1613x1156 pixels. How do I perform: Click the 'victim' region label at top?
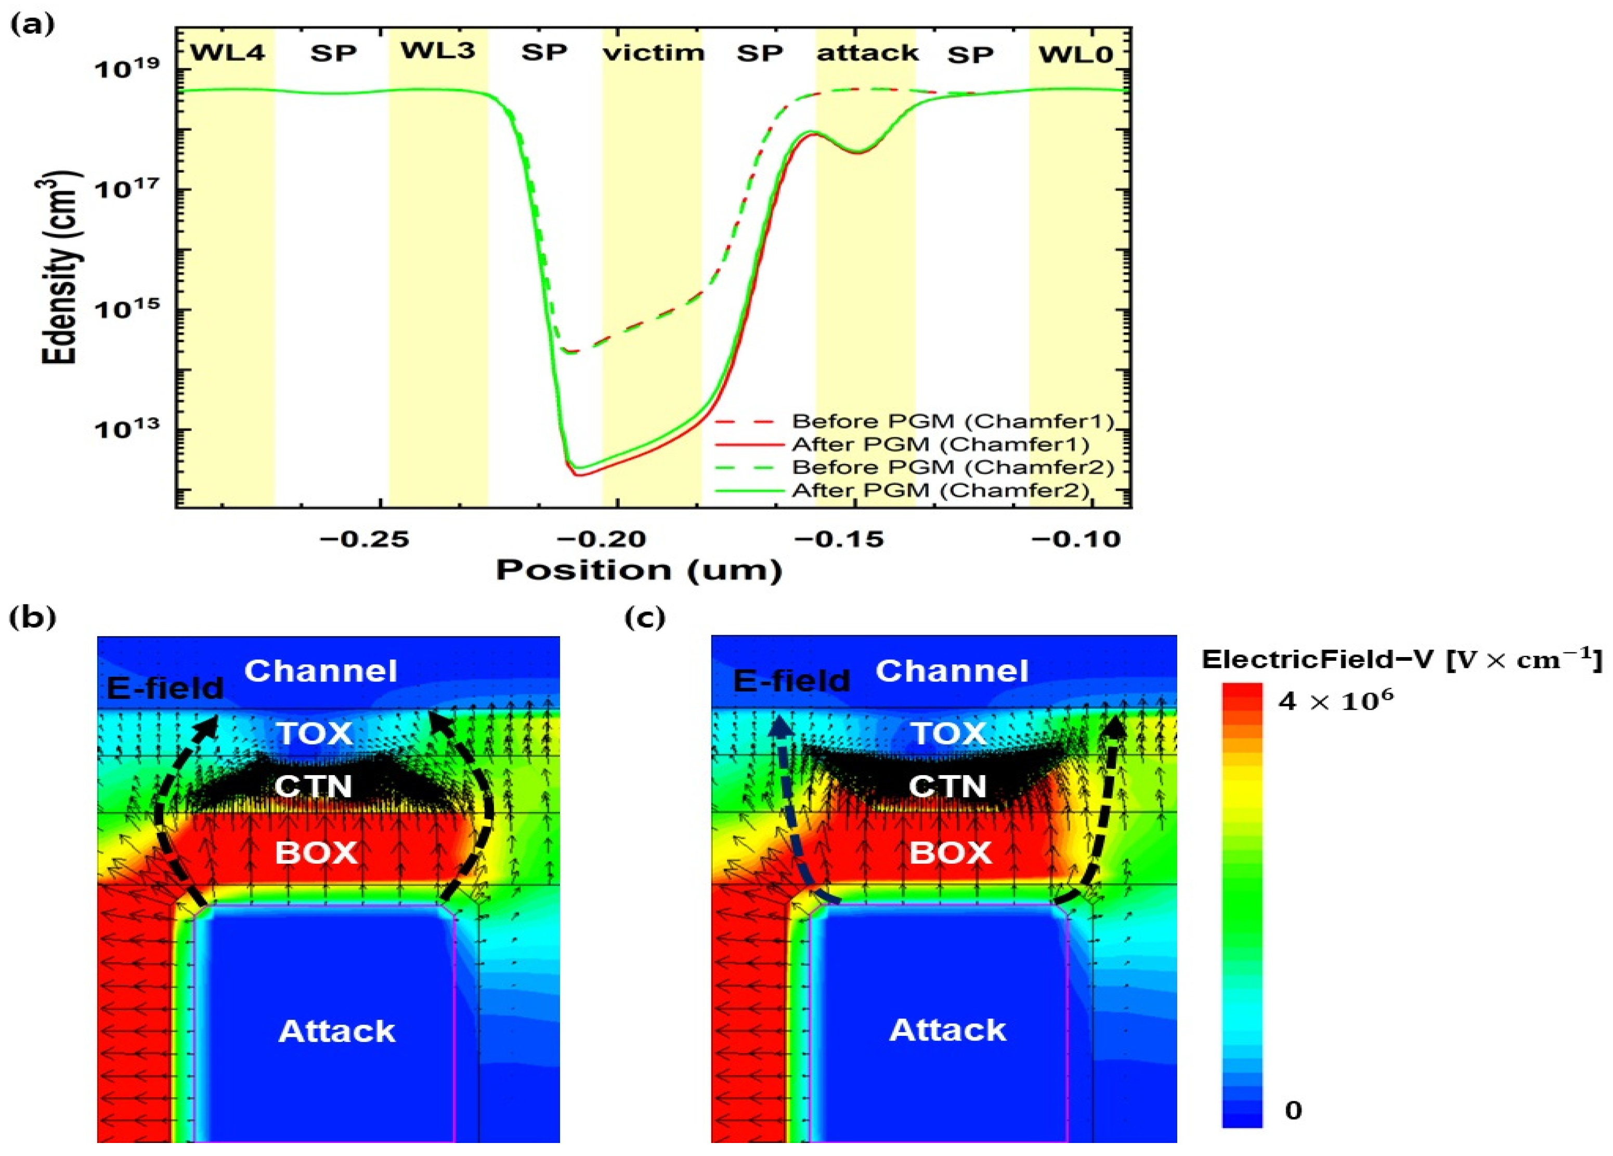click(x=654, y=53)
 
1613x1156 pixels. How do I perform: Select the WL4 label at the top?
click(x=228, y=53)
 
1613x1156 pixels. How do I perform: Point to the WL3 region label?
click(x=437, y=51)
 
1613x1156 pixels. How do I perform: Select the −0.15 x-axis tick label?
click(x=839, y=539)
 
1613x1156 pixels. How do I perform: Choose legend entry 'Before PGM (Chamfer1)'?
click(x=952, y=421)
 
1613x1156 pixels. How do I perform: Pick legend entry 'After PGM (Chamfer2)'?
click(x=940, y=490)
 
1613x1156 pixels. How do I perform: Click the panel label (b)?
click(x=33, y=618)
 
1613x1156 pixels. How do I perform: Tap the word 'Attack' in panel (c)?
click(x=947, y=1030)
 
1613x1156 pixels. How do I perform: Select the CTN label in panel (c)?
click(x=947, y=787)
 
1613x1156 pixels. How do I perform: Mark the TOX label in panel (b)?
click(x=315, y=733)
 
